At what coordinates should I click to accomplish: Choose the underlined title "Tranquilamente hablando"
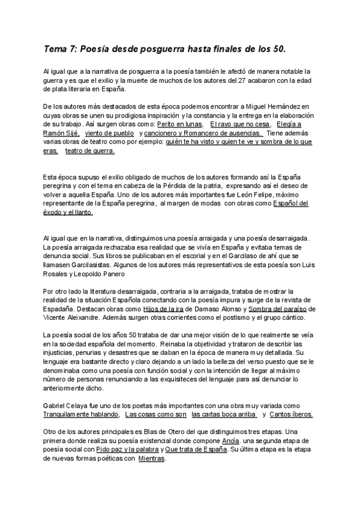click(81, 414)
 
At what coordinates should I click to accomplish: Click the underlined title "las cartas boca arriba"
click(224, 414)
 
